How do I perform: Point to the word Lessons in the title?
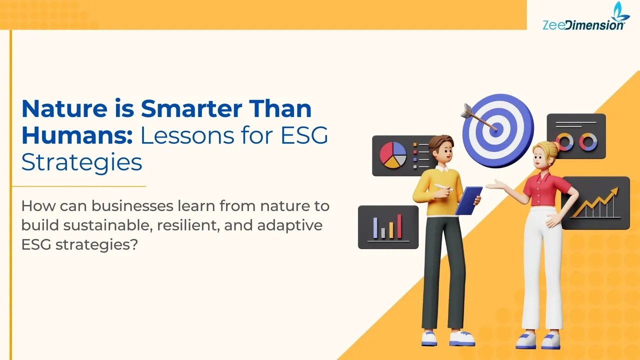coord(188,136)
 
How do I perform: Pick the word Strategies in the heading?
coord(81,163)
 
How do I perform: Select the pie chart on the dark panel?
coord(393,154)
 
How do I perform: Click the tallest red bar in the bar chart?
coord(399,226)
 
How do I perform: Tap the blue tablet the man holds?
coord(469,200)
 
